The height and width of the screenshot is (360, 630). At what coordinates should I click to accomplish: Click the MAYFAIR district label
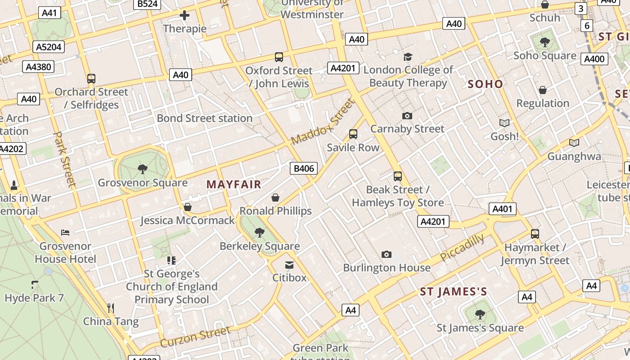pos(234,184)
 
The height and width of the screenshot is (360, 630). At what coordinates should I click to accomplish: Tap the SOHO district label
pos(485,84)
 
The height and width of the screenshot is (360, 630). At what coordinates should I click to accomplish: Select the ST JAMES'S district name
pos(453,292)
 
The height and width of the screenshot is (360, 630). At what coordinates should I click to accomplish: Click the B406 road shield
pos(303,169)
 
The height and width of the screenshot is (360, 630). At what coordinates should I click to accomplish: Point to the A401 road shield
pos(502,209)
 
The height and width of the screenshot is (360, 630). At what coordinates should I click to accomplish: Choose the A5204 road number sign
pos(49,47)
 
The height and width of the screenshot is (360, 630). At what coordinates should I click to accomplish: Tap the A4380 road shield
pos(38,67)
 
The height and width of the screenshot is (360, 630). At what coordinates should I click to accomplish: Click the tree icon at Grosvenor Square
pos(143,169)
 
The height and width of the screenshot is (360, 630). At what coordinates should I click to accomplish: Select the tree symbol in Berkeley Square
pos(259,232)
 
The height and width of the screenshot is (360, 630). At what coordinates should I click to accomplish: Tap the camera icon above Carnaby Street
pos(407,116)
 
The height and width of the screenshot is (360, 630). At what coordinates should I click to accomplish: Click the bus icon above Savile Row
pos(353,134)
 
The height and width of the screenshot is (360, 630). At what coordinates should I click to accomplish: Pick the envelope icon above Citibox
pos(289,265)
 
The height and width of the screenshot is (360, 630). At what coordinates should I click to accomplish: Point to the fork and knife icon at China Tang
pos(111,308)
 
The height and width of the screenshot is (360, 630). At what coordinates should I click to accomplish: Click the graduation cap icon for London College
pos(408,57)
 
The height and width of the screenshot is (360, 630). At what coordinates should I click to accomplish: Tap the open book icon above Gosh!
pos(504,123)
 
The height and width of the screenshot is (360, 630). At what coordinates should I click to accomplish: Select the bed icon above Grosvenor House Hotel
pos(65,233)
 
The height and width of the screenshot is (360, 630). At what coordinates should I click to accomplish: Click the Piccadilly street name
pos(462,247)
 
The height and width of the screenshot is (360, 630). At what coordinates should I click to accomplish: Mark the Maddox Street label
pos(323,122)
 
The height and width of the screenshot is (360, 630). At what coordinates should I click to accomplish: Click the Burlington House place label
pos(387,268)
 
